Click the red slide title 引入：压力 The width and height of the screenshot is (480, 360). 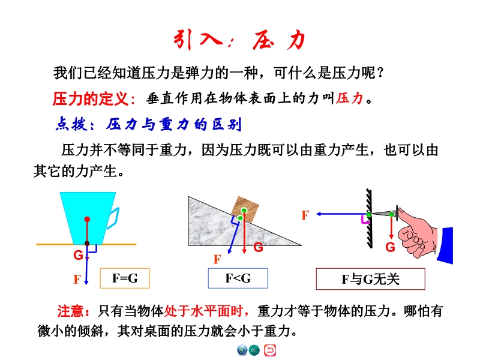coord(239,40)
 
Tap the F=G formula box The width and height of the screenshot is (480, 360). coord(125,278)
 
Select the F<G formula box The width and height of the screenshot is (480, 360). coord(238,278)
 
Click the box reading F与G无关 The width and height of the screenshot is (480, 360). coord(370,279)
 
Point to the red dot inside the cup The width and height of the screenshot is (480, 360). coord(87,219)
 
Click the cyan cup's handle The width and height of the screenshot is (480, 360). coord(113,218)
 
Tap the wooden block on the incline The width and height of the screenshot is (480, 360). coord(245,209)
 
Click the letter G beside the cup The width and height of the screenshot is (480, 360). coord(78,255)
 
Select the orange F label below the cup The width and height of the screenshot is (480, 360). coord(77,279)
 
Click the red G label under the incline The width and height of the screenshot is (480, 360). coord(258,247)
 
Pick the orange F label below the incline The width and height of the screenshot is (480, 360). coord(217,260)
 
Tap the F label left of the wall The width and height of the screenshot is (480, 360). coord(305,215)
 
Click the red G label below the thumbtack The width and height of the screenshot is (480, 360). coord(390,247)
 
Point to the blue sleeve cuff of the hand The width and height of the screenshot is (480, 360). coord(445,245)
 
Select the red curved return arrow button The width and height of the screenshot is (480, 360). coord(269,350)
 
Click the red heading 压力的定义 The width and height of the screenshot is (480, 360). coord(91,99)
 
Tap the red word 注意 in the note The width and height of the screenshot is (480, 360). coord(70,311)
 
